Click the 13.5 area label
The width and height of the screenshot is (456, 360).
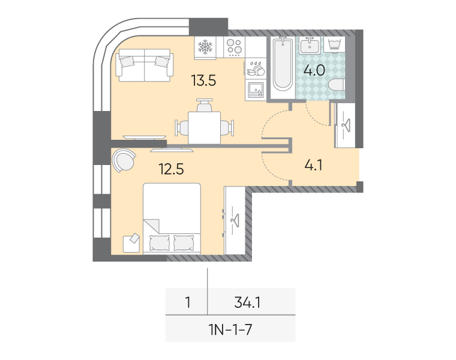point(203,80)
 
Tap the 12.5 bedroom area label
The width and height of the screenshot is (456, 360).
point(171,169)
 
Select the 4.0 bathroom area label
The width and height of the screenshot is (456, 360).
point(314,70)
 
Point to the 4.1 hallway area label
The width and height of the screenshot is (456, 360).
point(313,165)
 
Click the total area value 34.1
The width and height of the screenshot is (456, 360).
point(247,302)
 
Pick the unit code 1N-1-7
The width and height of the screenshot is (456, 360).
point(230,329)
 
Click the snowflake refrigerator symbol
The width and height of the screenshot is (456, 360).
point(205,47)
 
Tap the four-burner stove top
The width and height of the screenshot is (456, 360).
point(235,47)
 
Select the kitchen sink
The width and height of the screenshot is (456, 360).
point(256,90)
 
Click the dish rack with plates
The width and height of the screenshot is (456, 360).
point(256,68)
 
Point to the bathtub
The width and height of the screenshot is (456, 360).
point(283,64)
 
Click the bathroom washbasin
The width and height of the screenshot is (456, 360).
point(310,46)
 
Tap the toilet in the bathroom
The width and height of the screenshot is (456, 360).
point(337,85)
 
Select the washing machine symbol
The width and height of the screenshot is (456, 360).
point(334,45)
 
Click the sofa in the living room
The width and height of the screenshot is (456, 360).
point(145,65)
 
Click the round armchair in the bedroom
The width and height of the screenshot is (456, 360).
point(124,160)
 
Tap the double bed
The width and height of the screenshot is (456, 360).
point(172,218)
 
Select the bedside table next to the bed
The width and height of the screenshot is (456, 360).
point(131,243)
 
